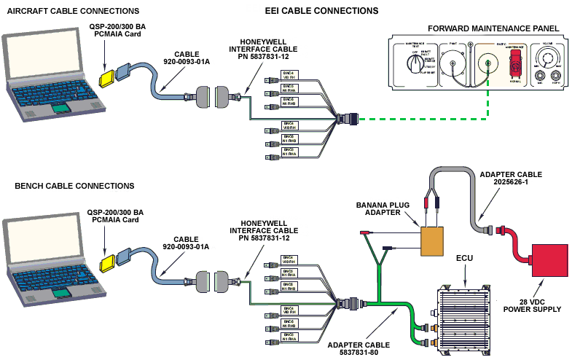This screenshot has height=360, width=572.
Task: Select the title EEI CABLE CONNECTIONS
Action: (x=321, y=11)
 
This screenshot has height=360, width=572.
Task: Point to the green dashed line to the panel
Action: (x=423, y=118)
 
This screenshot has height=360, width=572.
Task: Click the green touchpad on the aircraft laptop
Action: (x=63, y=108)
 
